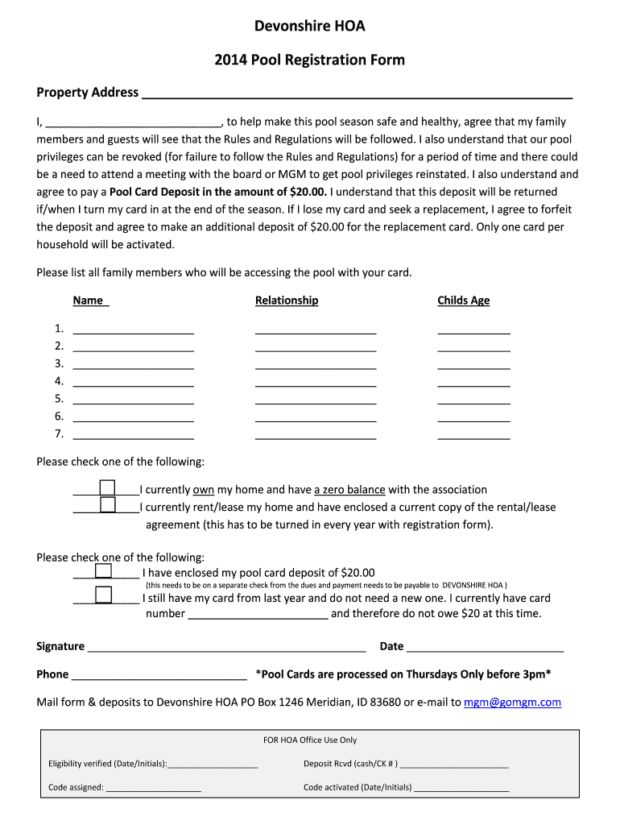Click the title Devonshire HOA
310,27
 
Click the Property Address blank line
357,93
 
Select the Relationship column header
287,301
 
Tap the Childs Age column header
463,301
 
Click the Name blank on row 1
133,329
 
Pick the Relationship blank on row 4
316,382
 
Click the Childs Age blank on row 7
473,435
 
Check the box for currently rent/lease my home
107,506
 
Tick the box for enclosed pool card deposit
103,571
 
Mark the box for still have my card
103,596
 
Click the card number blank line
258,615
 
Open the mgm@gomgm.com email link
512,703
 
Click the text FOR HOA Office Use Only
310,740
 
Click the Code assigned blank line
153,788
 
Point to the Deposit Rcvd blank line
454,765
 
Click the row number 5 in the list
59,399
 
